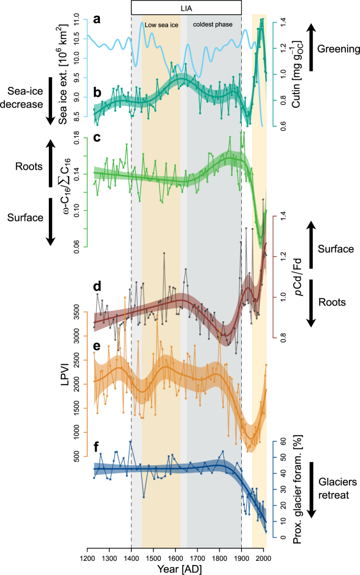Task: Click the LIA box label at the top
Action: (x=186, y=7)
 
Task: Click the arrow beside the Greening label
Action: (x=311, y=49)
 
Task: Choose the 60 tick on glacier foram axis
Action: (x=283, y=442)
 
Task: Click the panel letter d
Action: (x=96, y=287)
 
